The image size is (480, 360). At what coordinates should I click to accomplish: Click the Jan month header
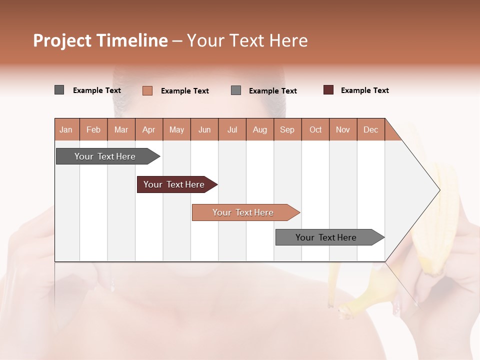(x=66, y=129)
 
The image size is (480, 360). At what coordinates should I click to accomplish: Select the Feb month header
(x=93, y=129)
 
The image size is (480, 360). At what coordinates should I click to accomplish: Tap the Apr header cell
(x=148, y=129)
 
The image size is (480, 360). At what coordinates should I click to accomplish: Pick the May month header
(x=176, y=129)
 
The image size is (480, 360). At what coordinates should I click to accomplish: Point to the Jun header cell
(x=204, y=129)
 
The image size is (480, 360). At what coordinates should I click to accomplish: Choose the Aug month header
(x=259, y=129)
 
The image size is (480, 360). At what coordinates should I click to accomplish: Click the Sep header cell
(x=287, y=129)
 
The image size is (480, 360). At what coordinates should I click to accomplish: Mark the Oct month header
(x=315, y=129)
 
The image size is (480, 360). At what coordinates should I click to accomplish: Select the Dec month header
(x=370, y=129)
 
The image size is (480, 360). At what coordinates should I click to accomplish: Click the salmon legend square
(x=147, y=90)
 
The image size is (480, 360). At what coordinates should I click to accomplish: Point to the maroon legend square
(x=328, y=90)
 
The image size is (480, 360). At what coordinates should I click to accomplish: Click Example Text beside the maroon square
(x=364, y=90)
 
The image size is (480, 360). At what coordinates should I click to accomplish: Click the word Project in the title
(x=62, y=40)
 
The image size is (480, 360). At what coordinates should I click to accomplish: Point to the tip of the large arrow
(x=438, y=190)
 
